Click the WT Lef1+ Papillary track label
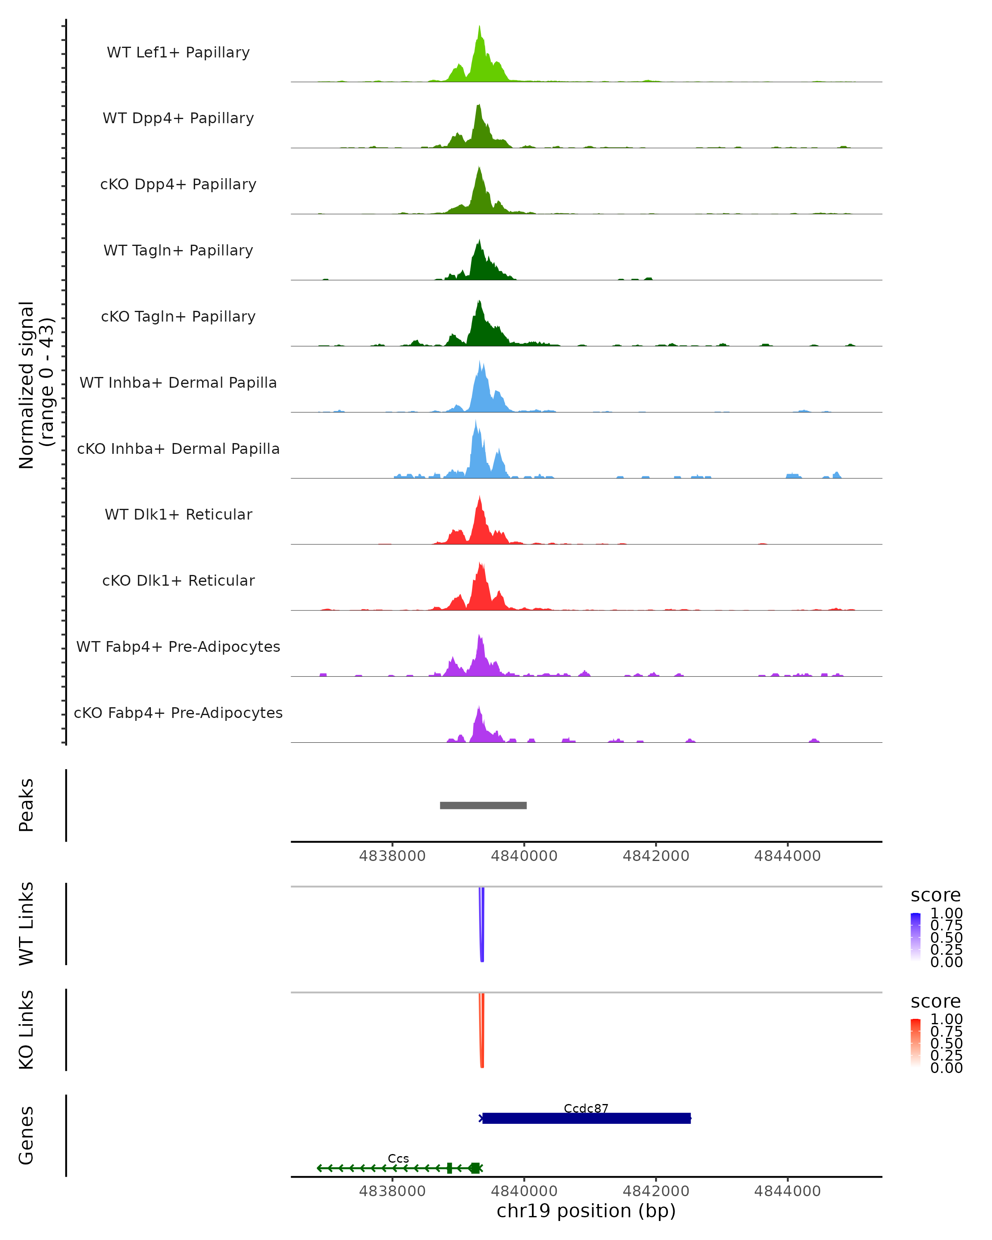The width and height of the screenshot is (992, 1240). point(178,52)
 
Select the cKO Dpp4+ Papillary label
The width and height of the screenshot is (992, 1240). point(178,184)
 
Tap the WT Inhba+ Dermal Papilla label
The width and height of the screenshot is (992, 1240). point(178,382)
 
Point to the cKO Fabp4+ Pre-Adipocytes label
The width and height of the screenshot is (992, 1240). point(178,713)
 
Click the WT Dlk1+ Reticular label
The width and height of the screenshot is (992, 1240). point(178,514)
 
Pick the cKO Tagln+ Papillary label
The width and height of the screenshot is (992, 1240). point(178,316)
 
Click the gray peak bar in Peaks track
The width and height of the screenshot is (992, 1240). point(483,805)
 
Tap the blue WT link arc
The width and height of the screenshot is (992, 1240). point(482,926)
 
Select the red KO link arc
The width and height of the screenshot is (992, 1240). point(482,1033)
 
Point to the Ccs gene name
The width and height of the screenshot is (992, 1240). point(398,1158)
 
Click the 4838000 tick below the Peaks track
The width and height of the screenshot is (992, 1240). point(392,856)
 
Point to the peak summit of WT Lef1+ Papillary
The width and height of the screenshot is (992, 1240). point(479,27)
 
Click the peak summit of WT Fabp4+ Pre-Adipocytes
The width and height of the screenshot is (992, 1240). point(479,636)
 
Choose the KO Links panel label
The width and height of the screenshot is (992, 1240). point(26,1030)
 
